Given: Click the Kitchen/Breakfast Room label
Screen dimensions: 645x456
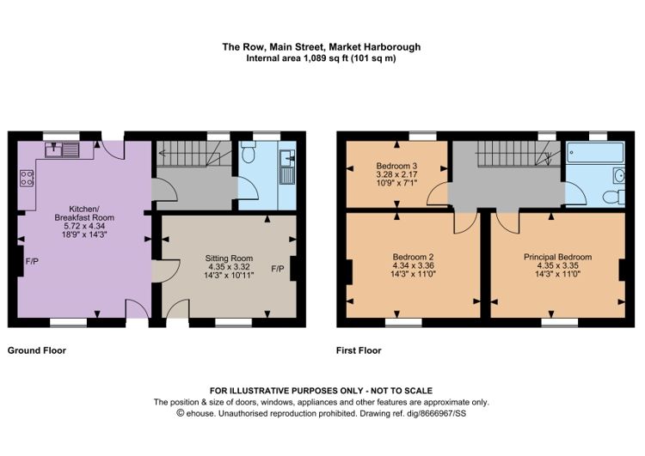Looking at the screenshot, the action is click(84, 222).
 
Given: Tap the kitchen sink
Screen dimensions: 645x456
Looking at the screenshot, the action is click(62, 149).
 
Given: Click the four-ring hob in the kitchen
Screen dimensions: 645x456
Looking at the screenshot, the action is click(27, 179).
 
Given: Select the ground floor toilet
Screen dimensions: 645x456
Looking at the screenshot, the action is click(248, 153).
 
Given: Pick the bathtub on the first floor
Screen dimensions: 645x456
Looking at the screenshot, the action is click(595, 152).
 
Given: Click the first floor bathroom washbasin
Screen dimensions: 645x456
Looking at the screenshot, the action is click(619, 176).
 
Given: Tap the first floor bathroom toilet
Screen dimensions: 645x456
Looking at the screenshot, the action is click(614, 197).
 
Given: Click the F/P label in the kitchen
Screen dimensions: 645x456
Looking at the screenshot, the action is click(32, 261).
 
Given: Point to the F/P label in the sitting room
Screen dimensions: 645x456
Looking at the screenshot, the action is click(278, 269).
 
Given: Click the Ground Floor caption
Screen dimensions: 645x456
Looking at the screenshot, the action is click(37, 350).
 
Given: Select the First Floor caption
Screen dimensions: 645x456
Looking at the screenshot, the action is click(359, 351).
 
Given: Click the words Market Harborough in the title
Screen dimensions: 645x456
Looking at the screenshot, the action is click(375, 47).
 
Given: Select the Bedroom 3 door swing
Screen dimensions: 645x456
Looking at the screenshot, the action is click(437, 194).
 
